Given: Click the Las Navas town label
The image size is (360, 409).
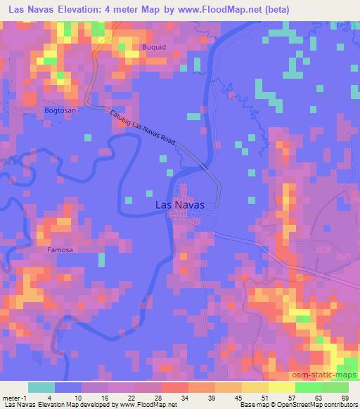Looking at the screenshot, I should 179,204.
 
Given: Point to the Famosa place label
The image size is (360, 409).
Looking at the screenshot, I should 60,249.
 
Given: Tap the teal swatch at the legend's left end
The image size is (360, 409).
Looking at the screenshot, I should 41,387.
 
